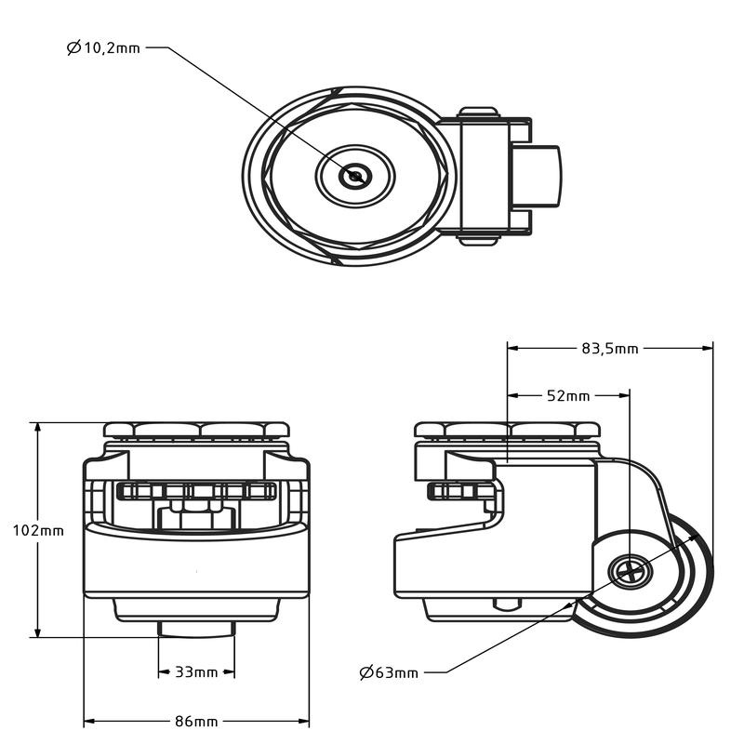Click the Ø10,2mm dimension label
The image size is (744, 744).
pyautogui.click(x=103, y=46)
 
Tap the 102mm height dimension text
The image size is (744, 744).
pyautogui.click(x=37, y=530)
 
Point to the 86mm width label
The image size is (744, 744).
pyautogui.click(x=196, y=722)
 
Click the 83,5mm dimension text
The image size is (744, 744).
pyautogui.click(x=610, y=348)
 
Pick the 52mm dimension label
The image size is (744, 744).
pyautogui.click(x=567, y=395)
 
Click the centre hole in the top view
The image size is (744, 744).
pyautogui.click(x=354, y=176)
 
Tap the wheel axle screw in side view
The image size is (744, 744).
pyautogui.click(x=630, y=571)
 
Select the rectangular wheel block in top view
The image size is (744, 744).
pyautogui.click(x=539, y=176)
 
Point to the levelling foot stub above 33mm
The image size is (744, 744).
pyautogui.click(x=196, y=629)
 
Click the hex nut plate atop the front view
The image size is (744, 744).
pyautogui.click(x=196, y=430)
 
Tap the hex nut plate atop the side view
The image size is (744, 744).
pyautogui.click(x=508, y=430)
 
